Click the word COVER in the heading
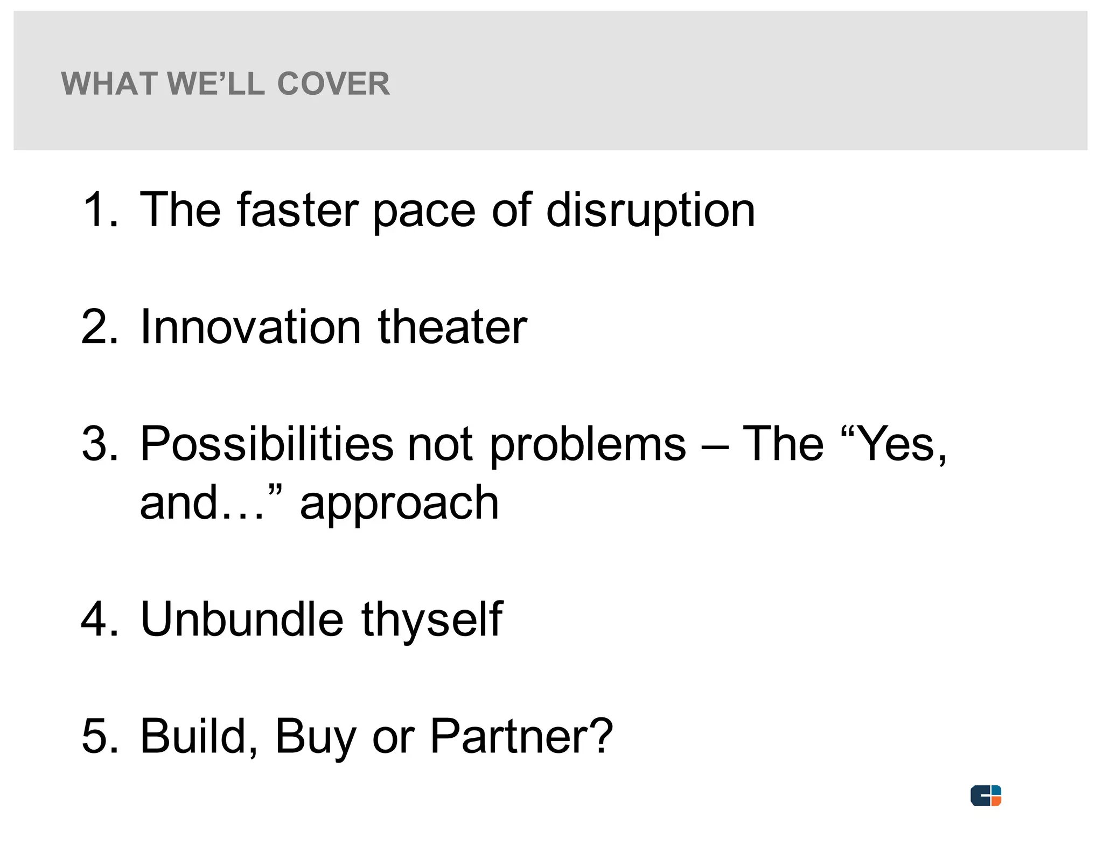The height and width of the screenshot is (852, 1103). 333,84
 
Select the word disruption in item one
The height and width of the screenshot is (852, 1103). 651,211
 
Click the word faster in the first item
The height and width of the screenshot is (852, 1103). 298,209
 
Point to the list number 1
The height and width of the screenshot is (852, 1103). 100,209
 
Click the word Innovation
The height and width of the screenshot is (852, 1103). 250,327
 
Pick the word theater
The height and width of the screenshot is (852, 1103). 452,327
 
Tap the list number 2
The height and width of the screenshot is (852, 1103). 100,327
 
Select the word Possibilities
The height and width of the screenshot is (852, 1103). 267,444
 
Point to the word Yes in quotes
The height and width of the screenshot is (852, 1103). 896,444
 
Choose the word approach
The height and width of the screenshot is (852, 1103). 399,505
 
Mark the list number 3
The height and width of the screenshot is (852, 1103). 100,444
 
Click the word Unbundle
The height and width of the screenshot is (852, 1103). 242,619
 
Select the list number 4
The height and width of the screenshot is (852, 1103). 100,619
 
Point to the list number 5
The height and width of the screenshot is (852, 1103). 100,736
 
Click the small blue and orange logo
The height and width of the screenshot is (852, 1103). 986,795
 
